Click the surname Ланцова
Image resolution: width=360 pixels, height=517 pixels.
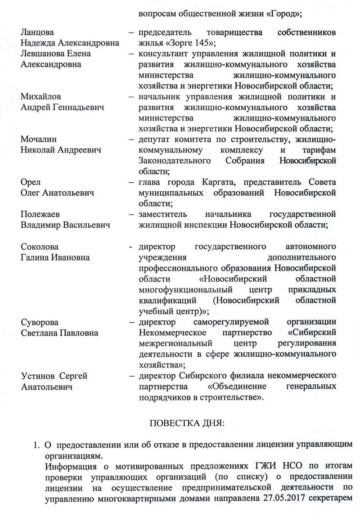tap(37, 33)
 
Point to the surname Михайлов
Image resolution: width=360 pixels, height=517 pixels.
tap(41, 97)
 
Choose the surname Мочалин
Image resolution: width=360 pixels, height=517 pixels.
tap(39, 139)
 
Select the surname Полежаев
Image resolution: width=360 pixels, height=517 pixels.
tap(43, 214)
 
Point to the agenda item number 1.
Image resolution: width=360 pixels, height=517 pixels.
tap(35, 445)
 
